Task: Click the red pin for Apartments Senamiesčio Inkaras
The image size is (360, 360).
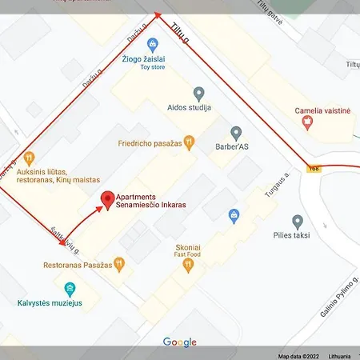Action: [106, 198]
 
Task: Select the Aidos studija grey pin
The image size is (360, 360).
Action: [198, 94]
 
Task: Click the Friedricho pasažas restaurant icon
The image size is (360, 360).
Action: [189, 143]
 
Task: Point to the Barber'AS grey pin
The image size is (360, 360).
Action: [236, 133]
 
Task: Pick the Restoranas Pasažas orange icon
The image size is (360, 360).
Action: [118, 262]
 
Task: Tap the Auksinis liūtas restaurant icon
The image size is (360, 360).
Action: [30, 158]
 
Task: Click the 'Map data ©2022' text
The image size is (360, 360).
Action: [297, 356]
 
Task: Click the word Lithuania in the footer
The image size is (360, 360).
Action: [338, 356]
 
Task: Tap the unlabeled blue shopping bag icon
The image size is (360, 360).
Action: [234, 214]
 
